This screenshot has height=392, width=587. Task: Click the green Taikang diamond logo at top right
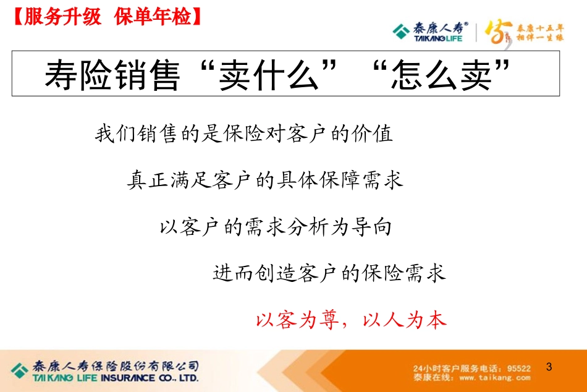(x=402, y=30)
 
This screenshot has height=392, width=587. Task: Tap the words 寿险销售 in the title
(x=111, y=75)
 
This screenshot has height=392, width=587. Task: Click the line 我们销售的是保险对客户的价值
(x=244, y=134)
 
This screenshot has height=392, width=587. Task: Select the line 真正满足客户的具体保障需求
(x=265, y=181)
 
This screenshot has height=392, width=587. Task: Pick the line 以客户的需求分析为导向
(x=276, y=228)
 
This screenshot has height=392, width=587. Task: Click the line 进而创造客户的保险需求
(x=329, y=273)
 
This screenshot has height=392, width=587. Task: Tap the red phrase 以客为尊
(x=293, y=320)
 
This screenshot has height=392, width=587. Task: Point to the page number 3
(x=549, y=367)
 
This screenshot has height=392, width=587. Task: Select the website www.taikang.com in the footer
(x=495, y=377)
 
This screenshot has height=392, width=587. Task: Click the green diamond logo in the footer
(x=20, y=370)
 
